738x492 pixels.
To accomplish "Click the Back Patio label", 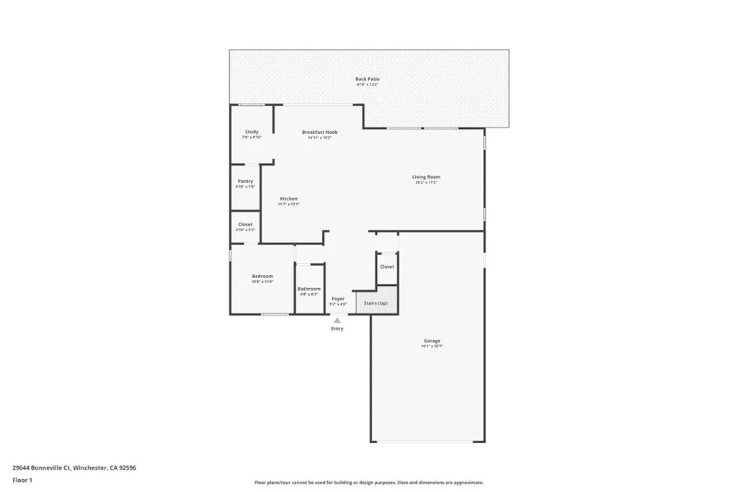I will tap(367, 79).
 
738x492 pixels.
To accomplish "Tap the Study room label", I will tap(252, 132).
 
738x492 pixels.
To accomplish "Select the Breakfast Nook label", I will tap(319, 132).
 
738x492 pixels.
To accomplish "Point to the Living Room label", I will tap(426, 176).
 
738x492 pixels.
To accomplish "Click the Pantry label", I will tap(245, 182).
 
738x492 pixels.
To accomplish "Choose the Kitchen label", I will tap(288, 199).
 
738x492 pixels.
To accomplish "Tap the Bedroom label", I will tap(262, 277).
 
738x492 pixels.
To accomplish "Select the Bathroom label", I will tap(308, 289).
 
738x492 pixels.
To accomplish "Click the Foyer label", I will tap(338, 298).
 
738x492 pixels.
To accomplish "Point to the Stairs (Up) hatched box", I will tap(376, 303).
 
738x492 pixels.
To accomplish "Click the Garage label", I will tap(432, 341).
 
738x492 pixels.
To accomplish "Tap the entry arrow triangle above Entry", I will tap(337, 321).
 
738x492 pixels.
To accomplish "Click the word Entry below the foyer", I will tap(337, 328).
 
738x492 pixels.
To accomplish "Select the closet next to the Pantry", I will tap(245, 225).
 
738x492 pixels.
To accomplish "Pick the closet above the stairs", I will tap(387, 267).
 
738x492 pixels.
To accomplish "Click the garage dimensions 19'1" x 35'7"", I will tap(432, 346).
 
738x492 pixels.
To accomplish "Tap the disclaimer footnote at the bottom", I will tap(368, 483).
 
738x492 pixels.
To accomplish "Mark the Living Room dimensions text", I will tap(426, 182).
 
